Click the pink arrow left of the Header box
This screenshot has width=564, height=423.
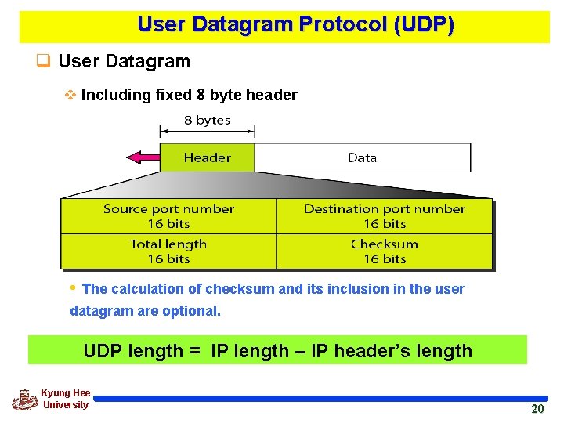click(x=143, y=157)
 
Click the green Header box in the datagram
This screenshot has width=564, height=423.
click(x=207, y=157)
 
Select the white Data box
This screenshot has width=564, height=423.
click(x=362, y=157)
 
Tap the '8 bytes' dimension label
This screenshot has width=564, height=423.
click(x=207, y=120)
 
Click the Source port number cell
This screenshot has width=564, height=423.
click(x=168, y=216)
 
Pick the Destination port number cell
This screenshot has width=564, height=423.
click(x=385, y=216)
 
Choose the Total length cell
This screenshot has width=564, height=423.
click(x=168, y=251)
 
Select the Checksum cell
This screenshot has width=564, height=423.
click(x=385, y=251)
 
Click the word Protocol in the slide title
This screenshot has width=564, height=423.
click(x=342, y=24)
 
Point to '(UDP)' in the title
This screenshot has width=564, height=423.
click(x=425, y=24)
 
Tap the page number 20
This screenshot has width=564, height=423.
click(x=537, y=409)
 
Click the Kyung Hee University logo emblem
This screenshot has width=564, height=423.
click(x=25, y=399)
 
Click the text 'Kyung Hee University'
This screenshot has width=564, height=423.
click(x=66, y=399)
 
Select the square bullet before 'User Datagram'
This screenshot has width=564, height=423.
click(x=44, y=61)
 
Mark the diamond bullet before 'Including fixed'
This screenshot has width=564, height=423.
click(x=70, y=96)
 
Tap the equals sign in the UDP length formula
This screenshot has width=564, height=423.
click(x=195, y=351)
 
